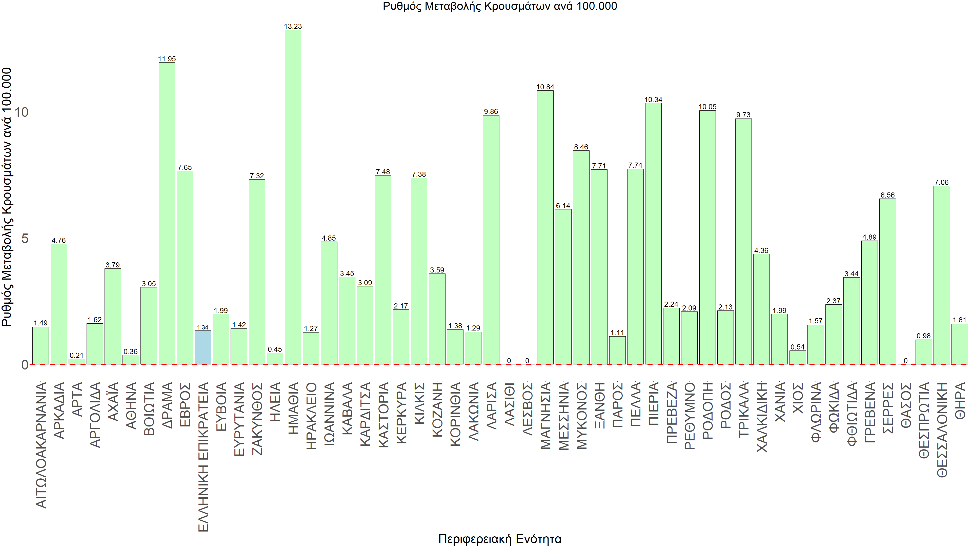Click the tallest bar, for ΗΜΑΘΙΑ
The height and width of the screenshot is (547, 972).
(x=293, y=196)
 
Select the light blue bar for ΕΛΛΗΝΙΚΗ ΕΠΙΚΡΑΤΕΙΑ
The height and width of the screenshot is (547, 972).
(x=202, y=347)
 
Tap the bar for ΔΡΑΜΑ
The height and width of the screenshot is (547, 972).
(x=167, y=213)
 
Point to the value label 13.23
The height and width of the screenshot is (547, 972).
(x=293, y=26)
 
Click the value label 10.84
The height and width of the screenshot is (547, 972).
(x=545, y=87)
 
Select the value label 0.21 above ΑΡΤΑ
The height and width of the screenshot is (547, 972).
(x=77, y=355)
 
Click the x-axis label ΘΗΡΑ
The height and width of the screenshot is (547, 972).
(x=960, y=400)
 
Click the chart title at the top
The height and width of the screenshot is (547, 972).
(x=500, y=6)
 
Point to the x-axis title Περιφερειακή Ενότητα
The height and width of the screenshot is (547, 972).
(x=500, y=539)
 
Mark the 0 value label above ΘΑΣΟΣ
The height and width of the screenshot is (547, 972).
(x=905, y=361)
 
